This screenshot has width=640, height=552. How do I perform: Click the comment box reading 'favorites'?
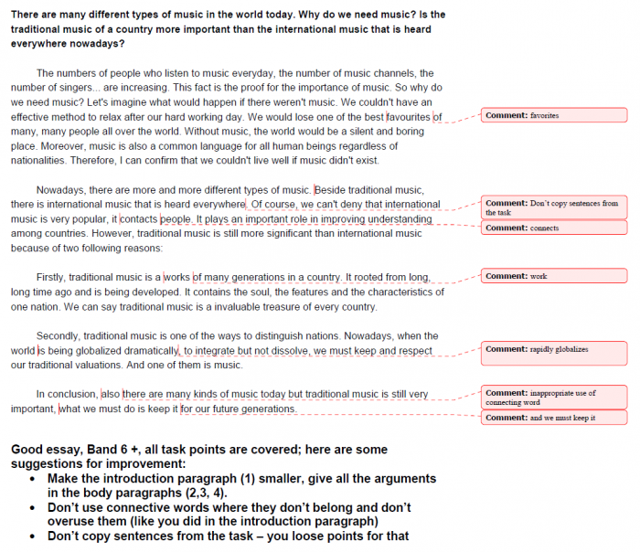[553, 115]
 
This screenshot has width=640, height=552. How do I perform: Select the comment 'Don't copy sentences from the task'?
[553, 207]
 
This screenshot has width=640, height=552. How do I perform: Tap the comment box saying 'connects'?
[553, 228]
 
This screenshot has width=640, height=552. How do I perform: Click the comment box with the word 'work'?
[553, 276]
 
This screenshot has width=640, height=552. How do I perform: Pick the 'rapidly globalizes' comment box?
[553, 353]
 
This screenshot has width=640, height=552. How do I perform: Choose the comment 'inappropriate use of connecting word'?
[553, 398]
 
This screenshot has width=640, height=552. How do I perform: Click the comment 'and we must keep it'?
[553, 418]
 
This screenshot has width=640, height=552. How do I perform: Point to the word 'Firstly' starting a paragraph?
[54, 278]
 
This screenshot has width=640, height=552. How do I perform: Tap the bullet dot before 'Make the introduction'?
[34, 479]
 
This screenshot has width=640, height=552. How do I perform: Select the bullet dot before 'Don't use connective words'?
[34, 507]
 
